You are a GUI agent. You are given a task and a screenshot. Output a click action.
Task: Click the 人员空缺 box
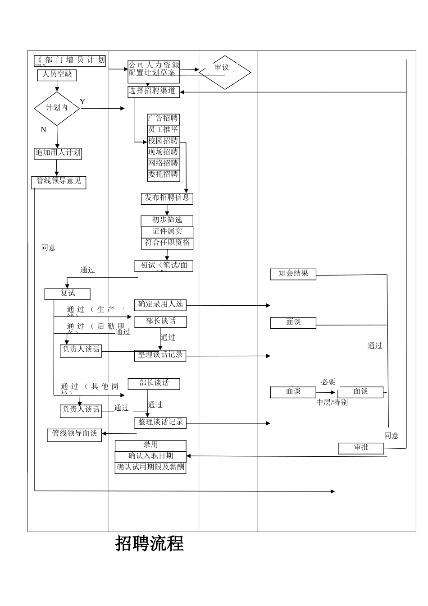click(x=57, y=75)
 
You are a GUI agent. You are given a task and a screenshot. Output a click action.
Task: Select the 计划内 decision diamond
click(x=57, y=108)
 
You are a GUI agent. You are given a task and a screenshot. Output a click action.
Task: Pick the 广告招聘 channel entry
click(x=163, y=119)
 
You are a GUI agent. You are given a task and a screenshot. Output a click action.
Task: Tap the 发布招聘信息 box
click(x=167, y=198)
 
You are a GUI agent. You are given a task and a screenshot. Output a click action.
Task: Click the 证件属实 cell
click(x=167, y=232)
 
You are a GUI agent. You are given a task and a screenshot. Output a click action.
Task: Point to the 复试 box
click(x=68, y=294)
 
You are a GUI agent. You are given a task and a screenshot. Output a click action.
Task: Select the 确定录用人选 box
click(x=160, y=305)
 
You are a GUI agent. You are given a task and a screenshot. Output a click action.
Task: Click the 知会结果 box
click(x=293, y=274)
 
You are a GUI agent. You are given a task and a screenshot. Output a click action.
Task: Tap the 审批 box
click(x=361, y=448)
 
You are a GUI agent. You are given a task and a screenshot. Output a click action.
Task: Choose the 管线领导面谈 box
click(x=74, y=434)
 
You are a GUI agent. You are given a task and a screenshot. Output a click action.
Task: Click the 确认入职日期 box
click(x=150, y=456)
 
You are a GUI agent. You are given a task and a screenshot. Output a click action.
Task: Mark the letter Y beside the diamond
click(x=82, y=102)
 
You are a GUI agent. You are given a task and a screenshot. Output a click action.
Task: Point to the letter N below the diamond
click(x=43, y=130)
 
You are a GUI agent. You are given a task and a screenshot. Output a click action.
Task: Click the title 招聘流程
click(x=150, y=543)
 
